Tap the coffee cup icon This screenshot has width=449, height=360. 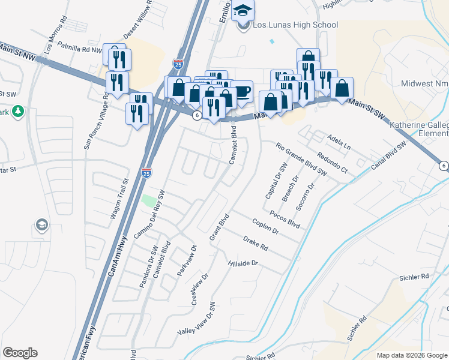(x=242, y=91)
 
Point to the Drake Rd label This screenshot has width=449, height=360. (x=255, y=242)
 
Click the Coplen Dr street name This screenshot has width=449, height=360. (x=267, y=227)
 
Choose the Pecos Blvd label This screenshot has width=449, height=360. (x=285, y=218)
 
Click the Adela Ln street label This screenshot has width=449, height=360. (x=339, y=142)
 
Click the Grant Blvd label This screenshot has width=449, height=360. (x=220, y=227)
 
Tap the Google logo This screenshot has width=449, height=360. (x=20, y=353)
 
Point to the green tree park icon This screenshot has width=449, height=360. (x=18, y=111)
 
